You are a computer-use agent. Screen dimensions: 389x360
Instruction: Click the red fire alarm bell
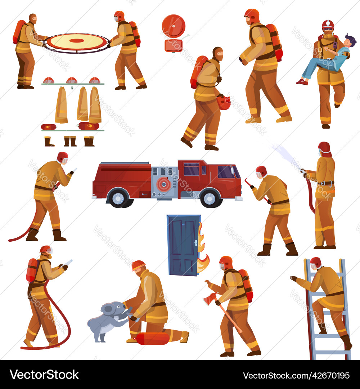tap(174, 26)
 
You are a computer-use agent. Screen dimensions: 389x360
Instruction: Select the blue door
tap(183, 245)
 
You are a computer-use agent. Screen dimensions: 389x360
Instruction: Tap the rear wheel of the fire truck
tap(118, 198)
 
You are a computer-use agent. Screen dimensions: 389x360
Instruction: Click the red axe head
tap(210, 299)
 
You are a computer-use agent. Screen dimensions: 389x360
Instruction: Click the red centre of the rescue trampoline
tap(77, 40)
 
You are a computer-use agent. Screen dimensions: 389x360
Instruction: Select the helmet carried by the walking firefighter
tap(224, 102)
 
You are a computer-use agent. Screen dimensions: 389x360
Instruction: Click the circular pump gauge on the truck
tap(164, 184)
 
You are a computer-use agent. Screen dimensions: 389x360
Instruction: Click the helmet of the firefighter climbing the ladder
tap(316, 262)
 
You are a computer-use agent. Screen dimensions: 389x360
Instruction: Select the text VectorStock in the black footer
tap(44, 375)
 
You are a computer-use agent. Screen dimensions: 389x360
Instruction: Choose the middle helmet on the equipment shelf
tap(72, 80)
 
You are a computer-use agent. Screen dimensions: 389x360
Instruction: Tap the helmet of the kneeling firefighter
tap(138, 265)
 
